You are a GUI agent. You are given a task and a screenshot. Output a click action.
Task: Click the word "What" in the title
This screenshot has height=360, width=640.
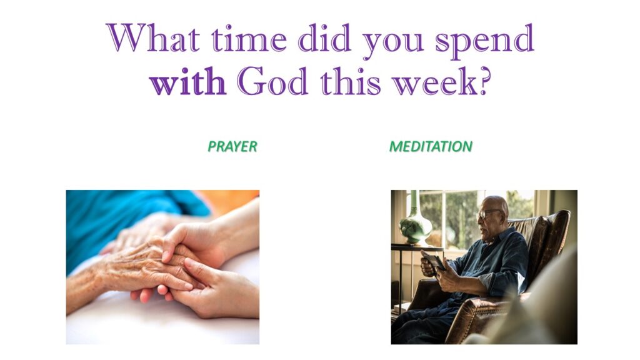point(153,37)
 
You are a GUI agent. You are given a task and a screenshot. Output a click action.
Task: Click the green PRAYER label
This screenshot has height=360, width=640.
point(232,146)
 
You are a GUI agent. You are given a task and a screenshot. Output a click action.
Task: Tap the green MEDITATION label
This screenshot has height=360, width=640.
point(431,146)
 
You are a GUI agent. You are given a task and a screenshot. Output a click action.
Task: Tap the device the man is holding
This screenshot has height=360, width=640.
point(434,261)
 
